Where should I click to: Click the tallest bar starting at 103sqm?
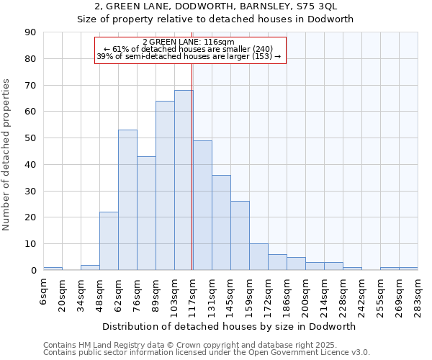184,180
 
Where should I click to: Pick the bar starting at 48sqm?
109,241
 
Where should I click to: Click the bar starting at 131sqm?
221,222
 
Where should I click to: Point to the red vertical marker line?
192,166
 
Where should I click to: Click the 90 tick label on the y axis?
30,32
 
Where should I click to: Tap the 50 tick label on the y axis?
30,138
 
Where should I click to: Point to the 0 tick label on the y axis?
33,270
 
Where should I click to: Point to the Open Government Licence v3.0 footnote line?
207,353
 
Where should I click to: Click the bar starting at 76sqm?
146,213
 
